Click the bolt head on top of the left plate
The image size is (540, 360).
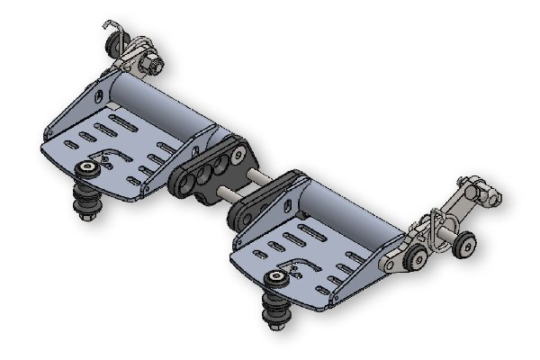coord(88,168)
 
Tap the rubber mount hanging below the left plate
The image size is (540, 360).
coord(88,202)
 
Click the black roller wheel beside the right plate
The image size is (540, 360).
coord(416,259)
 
